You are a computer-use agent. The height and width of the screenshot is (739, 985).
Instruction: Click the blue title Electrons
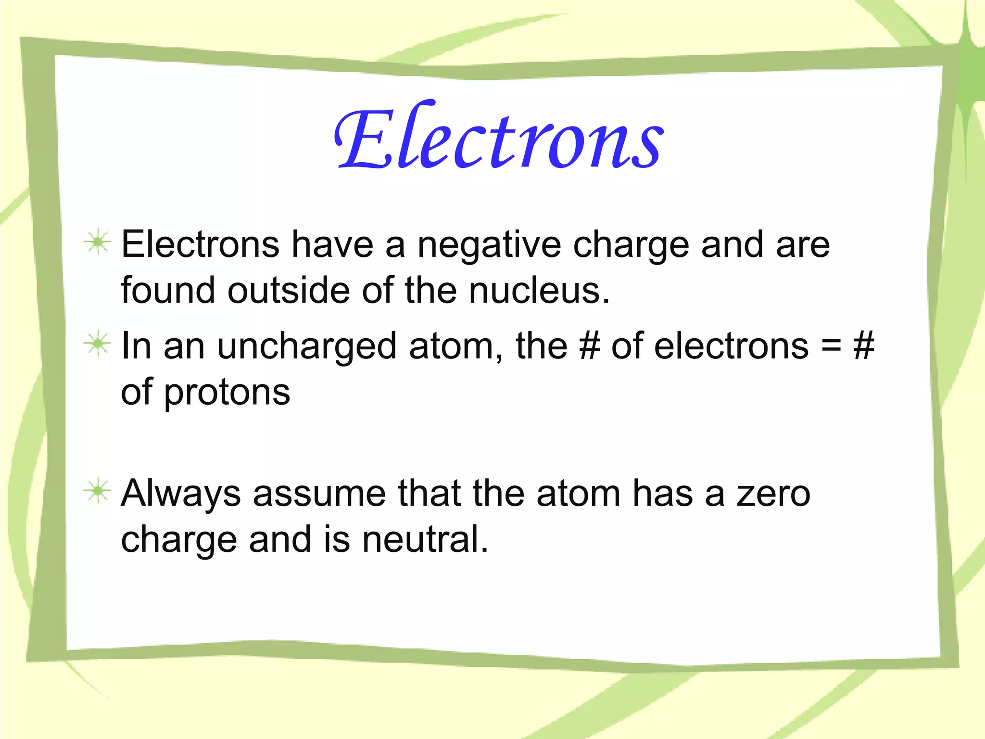(499, 137)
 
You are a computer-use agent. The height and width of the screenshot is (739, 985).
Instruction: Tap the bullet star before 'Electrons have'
(98, 242)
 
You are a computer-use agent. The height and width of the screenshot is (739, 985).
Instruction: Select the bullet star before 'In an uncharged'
(98, 344)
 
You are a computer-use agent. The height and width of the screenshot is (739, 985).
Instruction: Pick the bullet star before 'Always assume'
(98, 491)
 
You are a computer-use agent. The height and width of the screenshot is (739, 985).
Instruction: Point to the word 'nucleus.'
(539, 291)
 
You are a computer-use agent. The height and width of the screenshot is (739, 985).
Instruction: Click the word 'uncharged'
(307, 347)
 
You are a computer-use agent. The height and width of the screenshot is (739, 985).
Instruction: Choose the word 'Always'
(181, 494)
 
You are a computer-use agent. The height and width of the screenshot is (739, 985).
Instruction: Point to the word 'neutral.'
(425, 539)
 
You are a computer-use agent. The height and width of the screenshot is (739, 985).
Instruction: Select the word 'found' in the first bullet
(168, 291)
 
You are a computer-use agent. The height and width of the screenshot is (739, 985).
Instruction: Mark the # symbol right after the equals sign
(863, 346)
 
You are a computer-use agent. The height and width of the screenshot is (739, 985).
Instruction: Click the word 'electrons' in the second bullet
(731, 346)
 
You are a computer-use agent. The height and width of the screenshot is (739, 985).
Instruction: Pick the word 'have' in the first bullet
(332, 244)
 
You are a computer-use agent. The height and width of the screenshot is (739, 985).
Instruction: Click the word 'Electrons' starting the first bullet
(200, 244)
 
